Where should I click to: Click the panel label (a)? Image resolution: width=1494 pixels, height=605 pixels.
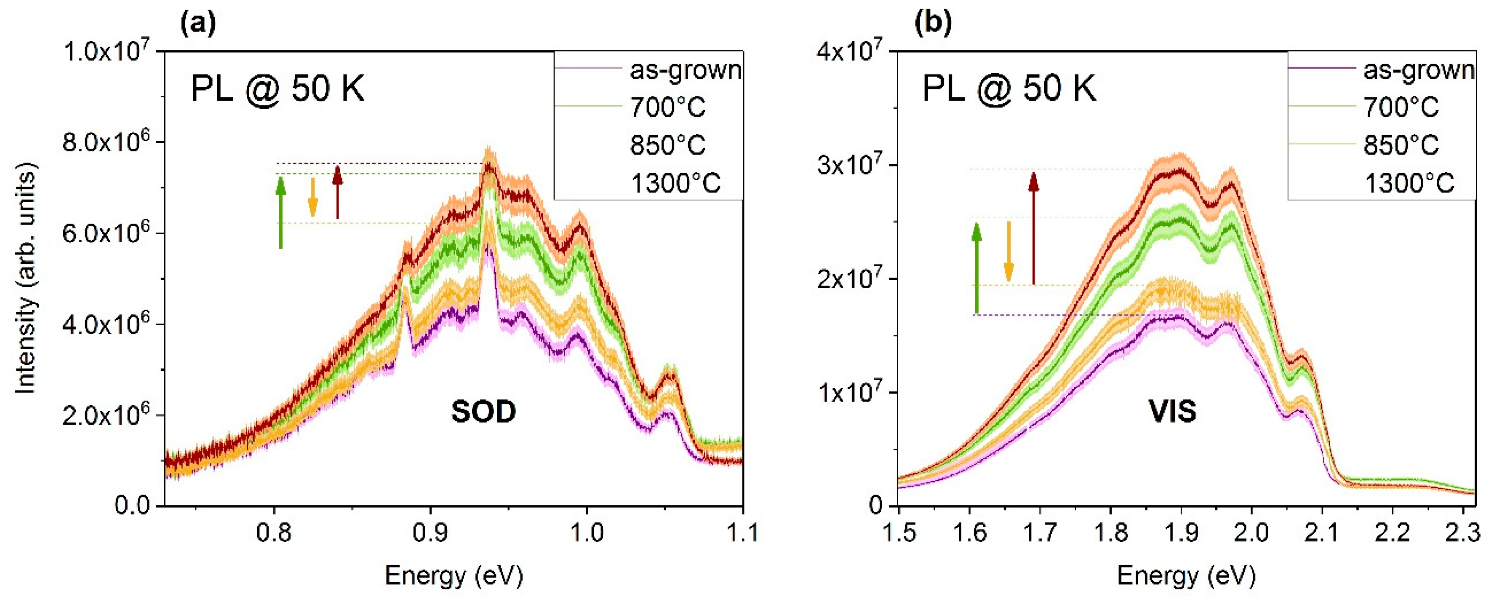point(198,23)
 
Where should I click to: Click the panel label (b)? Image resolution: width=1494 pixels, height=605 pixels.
point(933,23)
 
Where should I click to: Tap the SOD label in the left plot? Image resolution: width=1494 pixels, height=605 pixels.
point(484,412)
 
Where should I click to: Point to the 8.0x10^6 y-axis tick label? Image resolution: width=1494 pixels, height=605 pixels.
point(106,141)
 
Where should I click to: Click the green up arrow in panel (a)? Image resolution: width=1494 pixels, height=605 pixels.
point(281,212)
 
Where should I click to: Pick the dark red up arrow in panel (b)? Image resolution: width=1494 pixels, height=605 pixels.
point(1033,228)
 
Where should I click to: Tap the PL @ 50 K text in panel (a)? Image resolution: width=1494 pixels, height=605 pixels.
point(278,89)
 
